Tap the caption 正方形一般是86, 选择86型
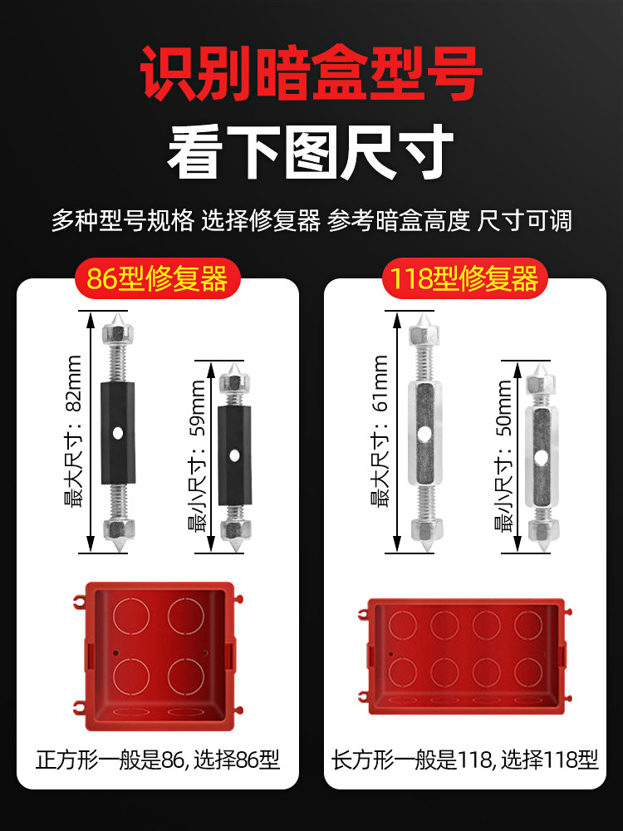(x=158, y=760)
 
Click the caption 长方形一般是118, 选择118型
(x=465, y=760)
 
